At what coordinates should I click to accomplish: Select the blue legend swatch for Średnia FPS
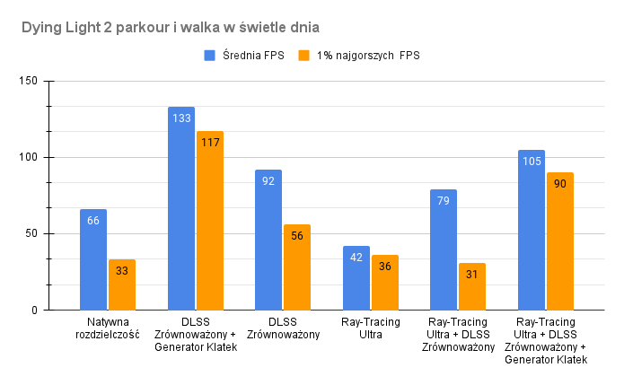coord(210,56)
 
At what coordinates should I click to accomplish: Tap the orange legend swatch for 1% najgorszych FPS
coord(303,56)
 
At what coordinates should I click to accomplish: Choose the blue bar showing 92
coord(268,242)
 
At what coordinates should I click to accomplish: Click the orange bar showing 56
coord(297,269)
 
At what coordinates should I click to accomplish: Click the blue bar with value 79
coord(444,251)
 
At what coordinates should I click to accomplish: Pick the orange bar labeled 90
coord(560,242)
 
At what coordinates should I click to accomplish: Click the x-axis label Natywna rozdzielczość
coord(109,328)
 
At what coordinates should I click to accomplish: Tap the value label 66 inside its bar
coord(93,220)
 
